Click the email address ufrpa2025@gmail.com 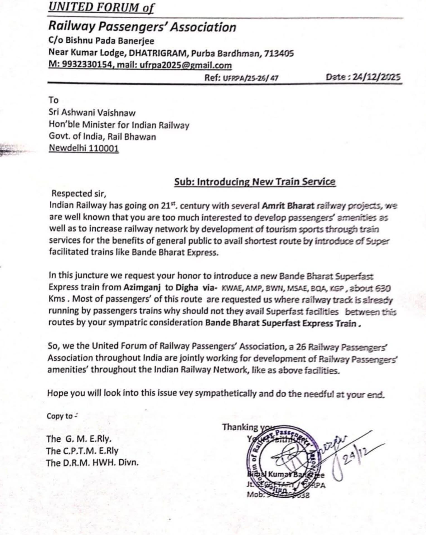(x=186, y=65)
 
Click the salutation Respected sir (x=79, y=193)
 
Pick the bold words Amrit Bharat (x=288, y=206)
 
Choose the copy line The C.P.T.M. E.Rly (x=83, y=451)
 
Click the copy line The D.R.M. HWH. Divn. (x=92, y=463)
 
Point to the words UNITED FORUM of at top (x=101, y=7)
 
